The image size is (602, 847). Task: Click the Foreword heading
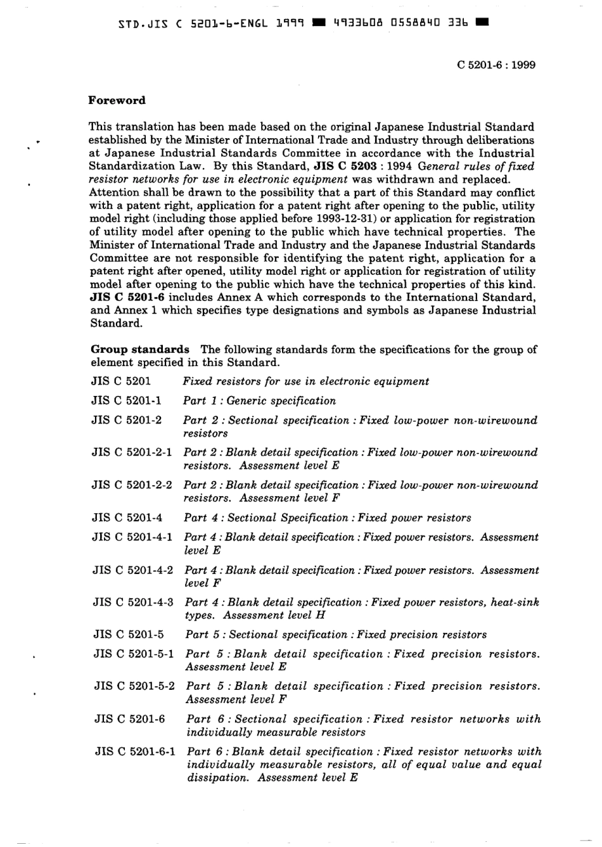117,100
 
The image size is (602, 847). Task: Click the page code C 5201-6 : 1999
496,65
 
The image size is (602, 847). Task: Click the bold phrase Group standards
140,349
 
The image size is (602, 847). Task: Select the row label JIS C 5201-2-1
131,452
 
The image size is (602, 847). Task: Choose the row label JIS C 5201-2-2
131,485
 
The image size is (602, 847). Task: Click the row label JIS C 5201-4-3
132,602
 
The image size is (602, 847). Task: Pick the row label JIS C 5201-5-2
134,686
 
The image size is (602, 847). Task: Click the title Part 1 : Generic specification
259,400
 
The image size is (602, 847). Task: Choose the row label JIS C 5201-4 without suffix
127,518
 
